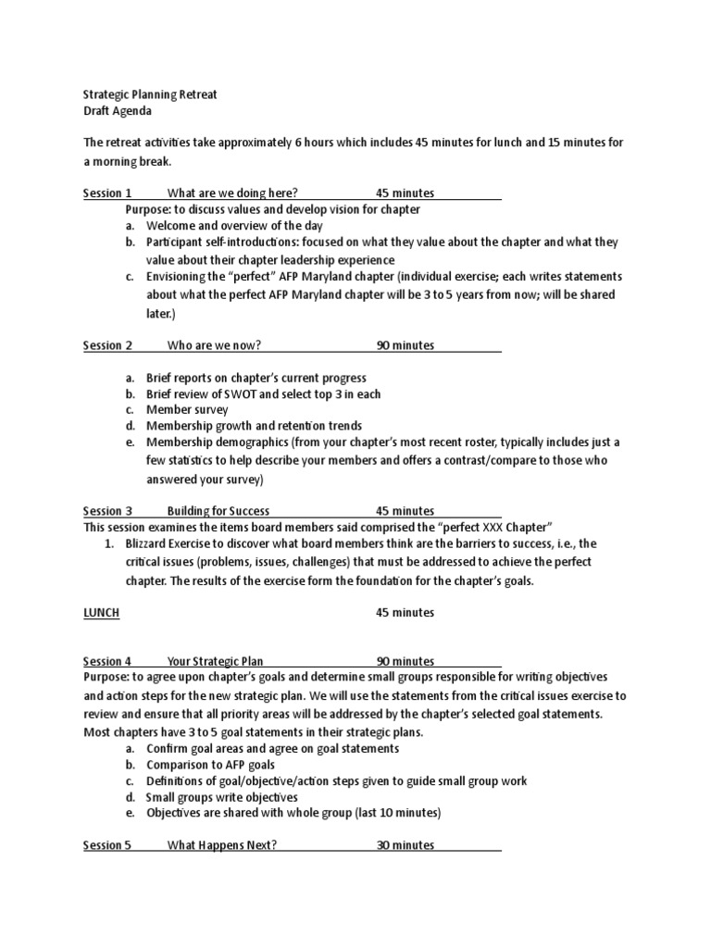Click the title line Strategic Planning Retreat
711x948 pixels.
click(150, 94)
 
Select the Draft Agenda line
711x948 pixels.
click(117, 110)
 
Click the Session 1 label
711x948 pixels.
click(107, 193)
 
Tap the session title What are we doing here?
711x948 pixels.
click(231, 193)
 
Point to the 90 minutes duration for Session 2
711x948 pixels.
click(405, 345)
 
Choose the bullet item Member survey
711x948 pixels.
click(187, 409)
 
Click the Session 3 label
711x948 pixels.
click(107, 510)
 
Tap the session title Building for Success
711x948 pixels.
click(218, 510)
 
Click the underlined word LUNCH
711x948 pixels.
click(101, 612)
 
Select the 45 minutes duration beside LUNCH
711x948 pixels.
click(405, 612)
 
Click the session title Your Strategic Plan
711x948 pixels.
click(215, 661)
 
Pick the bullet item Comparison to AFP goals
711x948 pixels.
click(210, 766)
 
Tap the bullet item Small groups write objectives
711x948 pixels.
click(222, 796)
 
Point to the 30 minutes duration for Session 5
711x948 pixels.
click(405, 845)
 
